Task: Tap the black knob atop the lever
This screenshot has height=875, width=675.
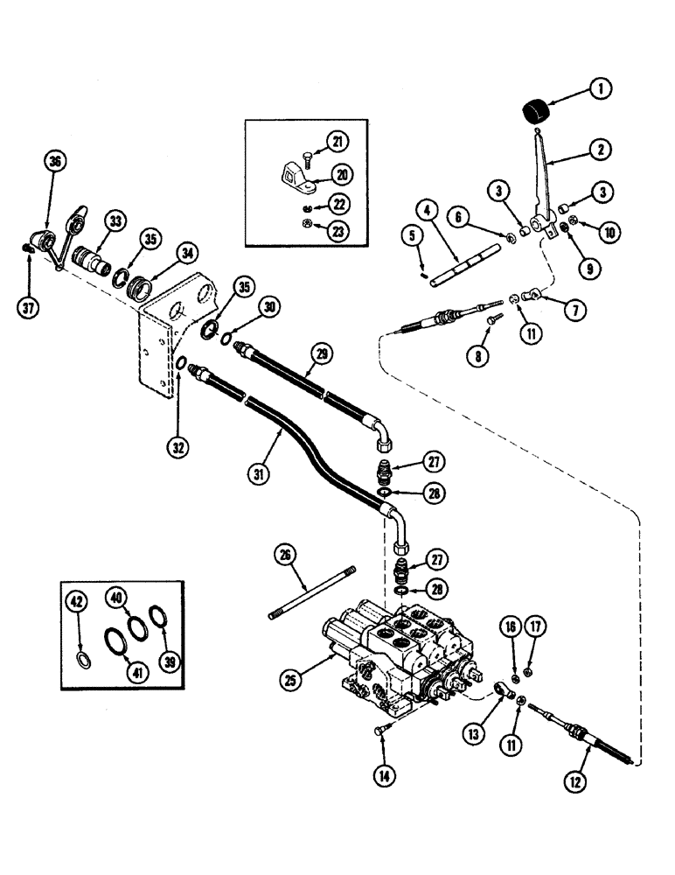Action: pos(534,113)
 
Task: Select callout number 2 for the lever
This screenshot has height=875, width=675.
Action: pos(601,149)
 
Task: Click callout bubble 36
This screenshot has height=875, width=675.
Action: pos(55,161)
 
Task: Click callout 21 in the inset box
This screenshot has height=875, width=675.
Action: pos(337,141)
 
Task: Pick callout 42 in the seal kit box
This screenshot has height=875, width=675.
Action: pos(79,601)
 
